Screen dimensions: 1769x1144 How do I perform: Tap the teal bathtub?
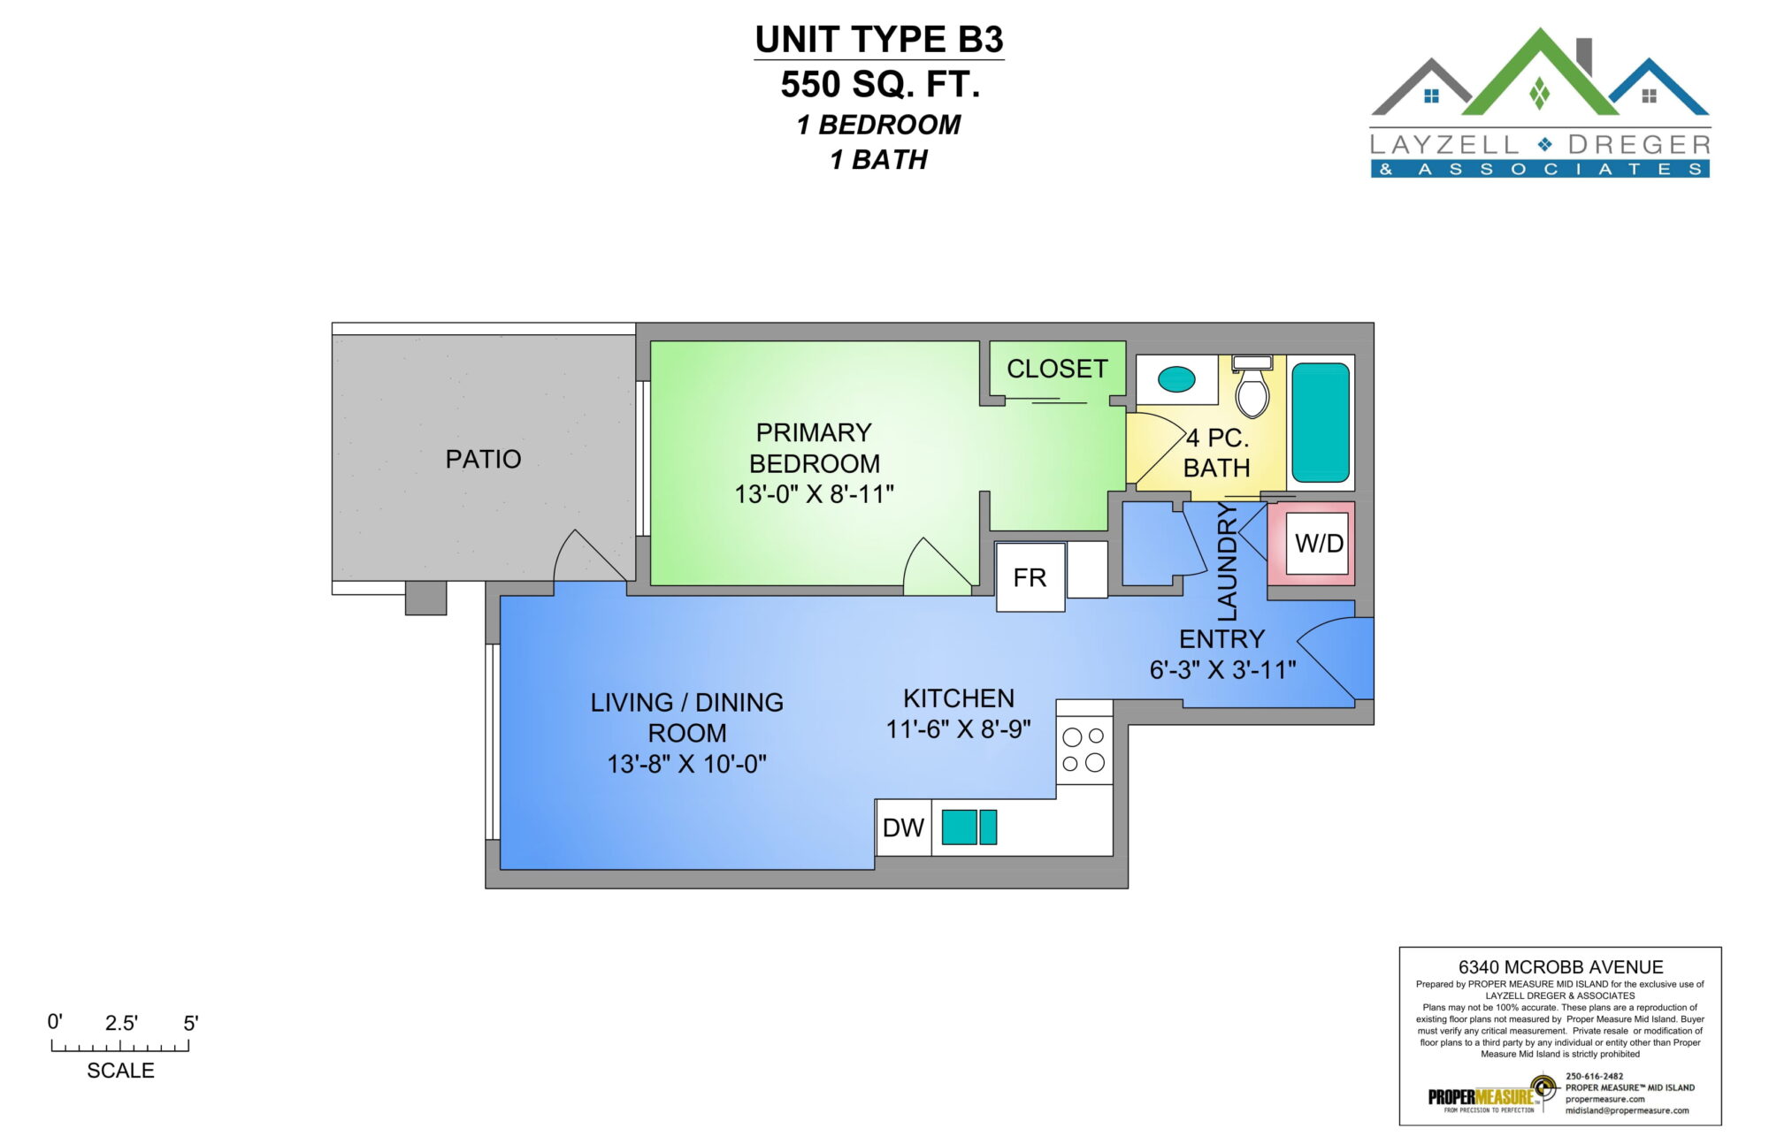(x=1321, y=423)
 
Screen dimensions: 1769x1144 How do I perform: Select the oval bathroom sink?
(x=1176, y=379)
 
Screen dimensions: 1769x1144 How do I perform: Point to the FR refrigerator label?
(x=1030, y=577)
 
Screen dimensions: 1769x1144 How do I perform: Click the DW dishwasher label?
(x=903, y=827)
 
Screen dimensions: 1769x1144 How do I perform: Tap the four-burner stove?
(x=1084, y=750)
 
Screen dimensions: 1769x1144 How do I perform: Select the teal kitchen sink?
(x=969, y=827)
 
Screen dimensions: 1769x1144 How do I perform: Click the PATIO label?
(x=483, y=459)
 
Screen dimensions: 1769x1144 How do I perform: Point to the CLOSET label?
(x=1057, y=369)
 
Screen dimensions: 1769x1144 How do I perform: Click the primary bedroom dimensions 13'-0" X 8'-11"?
(x=814, y=494)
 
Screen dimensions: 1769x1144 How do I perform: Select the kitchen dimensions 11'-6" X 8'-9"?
(x=959, y=729)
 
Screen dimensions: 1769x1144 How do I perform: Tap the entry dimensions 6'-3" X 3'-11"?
(x=1222, y=670)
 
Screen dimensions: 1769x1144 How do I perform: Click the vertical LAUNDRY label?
(x=1228, y=561)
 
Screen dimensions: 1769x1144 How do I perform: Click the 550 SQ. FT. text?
(x=880, y=85)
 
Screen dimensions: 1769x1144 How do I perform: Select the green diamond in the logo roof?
(x=1540, y=94)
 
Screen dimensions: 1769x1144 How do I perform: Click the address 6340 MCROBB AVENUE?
(x=1560, y=967)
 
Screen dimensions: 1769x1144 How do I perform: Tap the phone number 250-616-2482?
(x=1595, y=1076)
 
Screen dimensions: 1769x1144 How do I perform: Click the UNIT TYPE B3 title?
(x=879, y=40)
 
